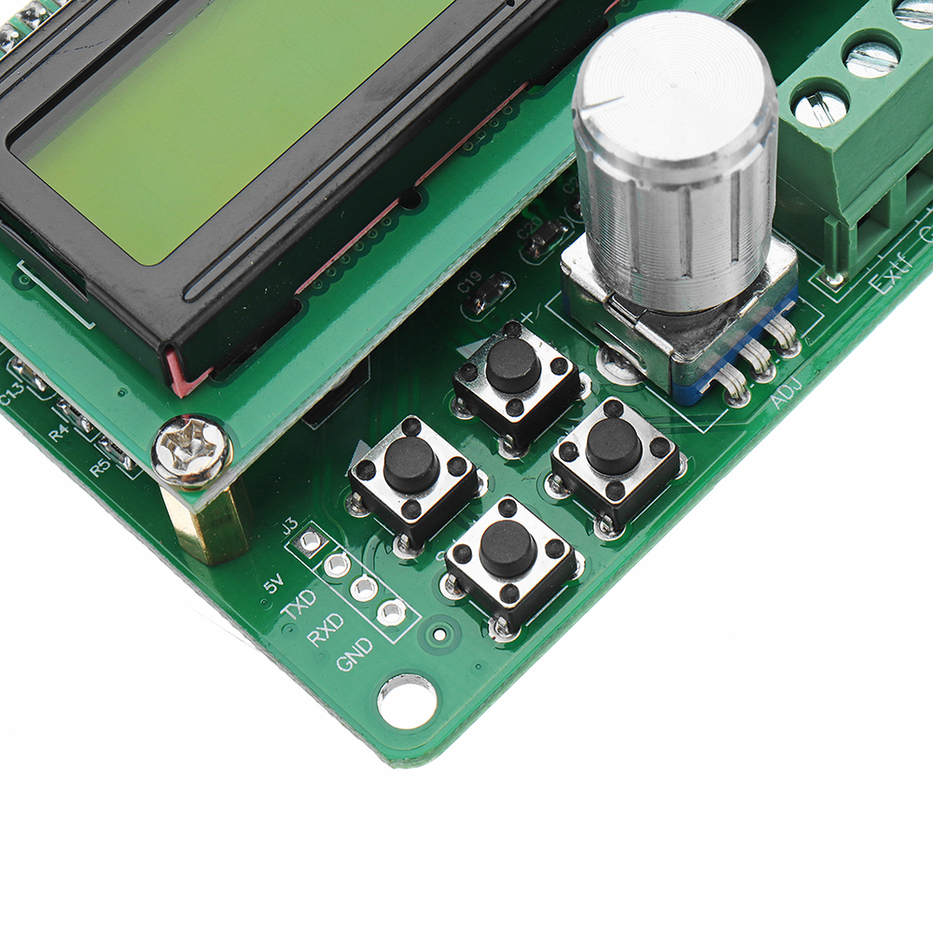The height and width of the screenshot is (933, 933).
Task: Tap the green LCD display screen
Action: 205,112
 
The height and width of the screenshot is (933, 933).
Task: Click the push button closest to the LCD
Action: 411,465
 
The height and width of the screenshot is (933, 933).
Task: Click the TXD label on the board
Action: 299,607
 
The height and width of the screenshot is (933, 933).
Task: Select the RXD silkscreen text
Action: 326,630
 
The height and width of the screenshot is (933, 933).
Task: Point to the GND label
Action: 355,654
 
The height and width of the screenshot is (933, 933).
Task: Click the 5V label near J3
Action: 273,584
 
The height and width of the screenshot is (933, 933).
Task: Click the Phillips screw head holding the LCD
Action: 192,452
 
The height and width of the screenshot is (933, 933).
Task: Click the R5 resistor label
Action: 100,466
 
